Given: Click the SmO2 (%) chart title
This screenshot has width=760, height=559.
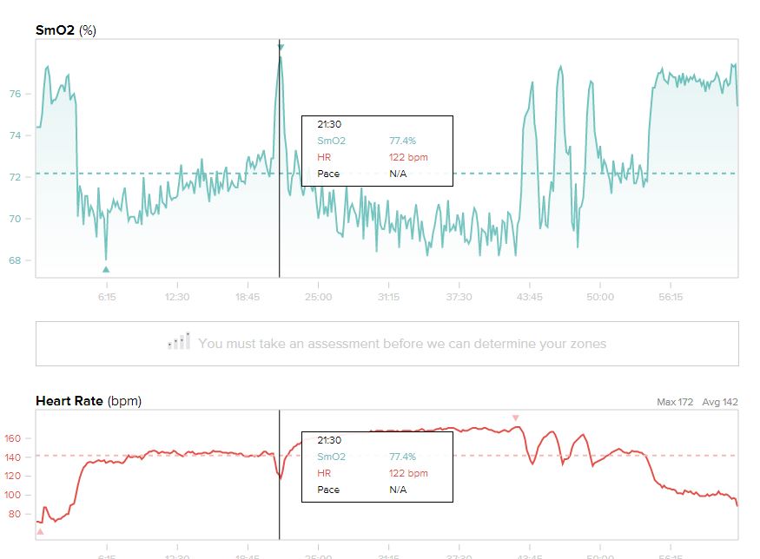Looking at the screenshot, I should point(66,30).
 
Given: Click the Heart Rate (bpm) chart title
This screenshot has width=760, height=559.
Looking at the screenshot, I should point(88,401).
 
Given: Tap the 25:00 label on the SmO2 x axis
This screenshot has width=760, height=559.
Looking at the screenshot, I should point(318,297).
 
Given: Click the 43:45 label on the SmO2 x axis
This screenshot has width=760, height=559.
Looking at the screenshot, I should point(529,297).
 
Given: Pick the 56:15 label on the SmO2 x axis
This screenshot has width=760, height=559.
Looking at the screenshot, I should point(671,297).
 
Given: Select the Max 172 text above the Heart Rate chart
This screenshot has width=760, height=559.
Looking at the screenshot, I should point(675,403).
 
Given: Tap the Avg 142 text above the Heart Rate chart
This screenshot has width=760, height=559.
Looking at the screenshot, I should point(719,403).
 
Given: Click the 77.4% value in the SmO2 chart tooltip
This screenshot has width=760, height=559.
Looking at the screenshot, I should point(402,141).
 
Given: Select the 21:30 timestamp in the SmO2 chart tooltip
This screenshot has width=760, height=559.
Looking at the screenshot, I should point(329,124).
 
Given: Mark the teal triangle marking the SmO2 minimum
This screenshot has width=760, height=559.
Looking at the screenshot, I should point(106,269).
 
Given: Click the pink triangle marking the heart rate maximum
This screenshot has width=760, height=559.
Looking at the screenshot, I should point(515,418).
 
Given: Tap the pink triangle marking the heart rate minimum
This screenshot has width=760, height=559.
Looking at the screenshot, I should point(39,530).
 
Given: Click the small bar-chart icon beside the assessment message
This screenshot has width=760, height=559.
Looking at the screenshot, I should point(179,342).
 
